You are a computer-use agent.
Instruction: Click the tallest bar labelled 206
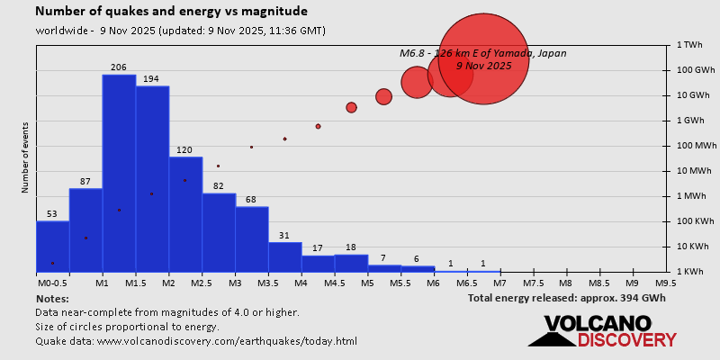pyautogui.click(x=119, y=171)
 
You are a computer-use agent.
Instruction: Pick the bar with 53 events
pyautogui.click(x=52, y=246)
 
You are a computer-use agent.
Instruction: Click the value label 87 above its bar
pyautogui.click(x=85, y=182)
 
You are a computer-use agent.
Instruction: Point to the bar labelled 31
pyautogui.click(x=284, y=256)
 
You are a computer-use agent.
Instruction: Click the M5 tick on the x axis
pyautogui.click(x=367, y=283)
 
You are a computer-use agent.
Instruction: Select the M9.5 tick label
pyautogui.click(x=666, y=283)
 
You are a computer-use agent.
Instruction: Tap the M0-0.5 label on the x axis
pyautogui.click(x=53, y=283)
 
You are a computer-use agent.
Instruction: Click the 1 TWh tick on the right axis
pyautogui.click(x=688, y=45)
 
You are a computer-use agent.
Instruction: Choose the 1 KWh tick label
pyautogui.click(x=689, y=272)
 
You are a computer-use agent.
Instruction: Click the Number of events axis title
pyautogui.click(x=25, y=159)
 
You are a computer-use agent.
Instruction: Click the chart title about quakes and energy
pyautogui.click(x=171, y=12)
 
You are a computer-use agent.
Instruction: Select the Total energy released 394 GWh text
pyautogui.click(x=567, y=298)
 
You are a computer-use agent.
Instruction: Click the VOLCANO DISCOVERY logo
pyautogui.click(x=602, y=331)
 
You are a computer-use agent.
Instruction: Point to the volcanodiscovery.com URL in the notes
pyautogui.click(x=226, y=341)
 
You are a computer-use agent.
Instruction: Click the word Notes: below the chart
pyautogui.click(x=52, y=298)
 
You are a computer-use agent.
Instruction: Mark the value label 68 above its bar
pyautogui.click(x=251, y=200)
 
